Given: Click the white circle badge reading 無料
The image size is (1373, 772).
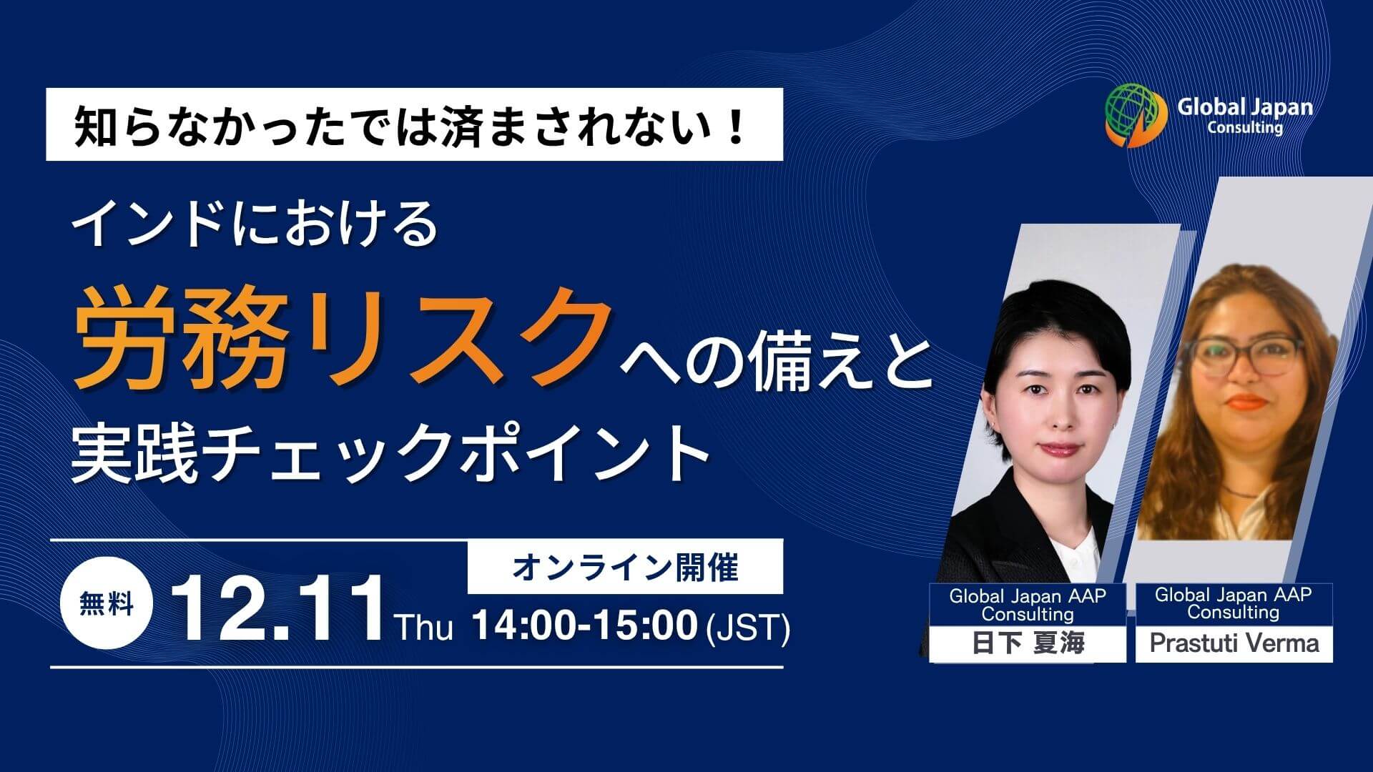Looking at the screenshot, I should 107,605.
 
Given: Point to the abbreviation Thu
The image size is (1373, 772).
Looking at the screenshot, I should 425,628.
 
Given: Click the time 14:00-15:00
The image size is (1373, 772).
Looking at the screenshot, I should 584,626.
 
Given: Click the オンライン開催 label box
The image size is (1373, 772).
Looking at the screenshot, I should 625,568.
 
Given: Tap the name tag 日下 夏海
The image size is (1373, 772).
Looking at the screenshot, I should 1028,643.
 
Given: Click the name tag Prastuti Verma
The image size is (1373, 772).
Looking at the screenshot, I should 1234,643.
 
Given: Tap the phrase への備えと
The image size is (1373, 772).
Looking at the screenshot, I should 776,367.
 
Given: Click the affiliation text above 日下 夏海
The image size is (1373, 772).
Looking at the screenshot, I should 1028,605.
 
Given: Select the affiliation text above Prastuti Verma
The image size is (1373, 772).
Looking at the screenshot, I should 1234,603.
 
